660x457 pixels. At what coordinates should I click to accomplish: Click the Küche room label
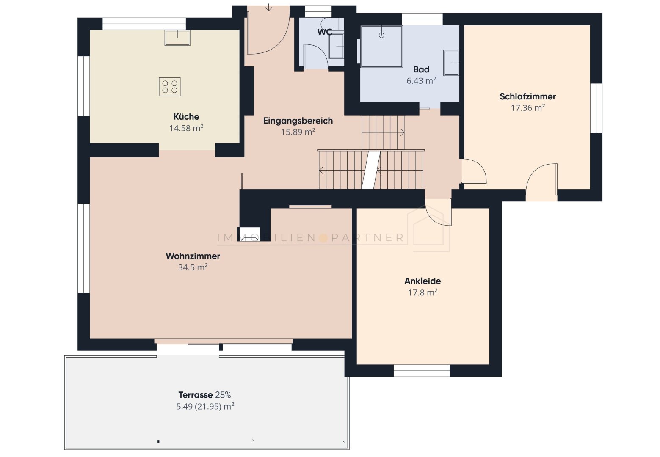point(186,117)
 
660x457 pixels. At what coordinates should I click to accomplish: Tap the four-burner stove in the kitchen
point(170,87)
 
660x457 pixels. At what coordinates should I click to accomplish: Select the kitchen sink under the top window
point(177,38)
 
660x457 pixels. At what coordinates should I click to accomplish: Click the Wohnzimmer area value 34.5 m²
point(193,267)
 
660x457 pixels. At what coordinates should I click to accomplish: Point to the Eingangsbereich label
point(298,121)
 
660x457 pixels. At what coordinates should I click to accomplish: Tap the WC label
point(325,32)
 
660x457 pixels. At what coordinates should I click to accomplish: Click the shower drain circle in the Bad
point(381,36)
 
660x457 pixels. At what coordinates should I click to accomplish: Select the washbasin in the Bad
point(451,63)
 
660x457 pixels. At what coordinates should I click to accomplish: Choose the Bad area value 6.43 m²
point(421,81)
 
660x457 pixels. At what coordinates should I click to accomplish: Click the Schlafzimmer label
point(528,96)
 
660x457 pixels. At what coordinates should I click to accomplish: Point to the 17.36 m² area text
point(528,108)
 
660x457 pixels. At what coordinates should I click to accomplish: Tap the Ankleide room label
point(423,281)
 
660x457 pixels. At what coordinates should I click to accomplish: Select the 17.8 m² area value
point(423,292)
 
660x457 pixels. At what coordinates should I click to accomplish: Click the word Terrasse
point(195,395)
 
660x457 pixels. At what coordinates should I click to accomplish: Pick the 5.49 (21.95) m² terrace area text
point(205,406)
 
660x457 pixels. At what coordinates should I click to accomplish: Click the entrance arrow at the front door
point(268,7)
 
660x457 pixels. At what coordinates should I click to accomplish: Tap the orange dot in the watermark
point(323,237)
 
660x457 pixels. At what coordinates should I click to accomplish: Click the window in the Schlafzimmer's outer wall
point(596,108)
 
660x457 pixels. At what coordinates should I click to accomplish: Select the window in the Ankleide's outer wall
point(422,370)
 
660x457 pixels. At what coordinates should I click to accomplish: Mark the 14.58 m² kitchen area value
point(186,128)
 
